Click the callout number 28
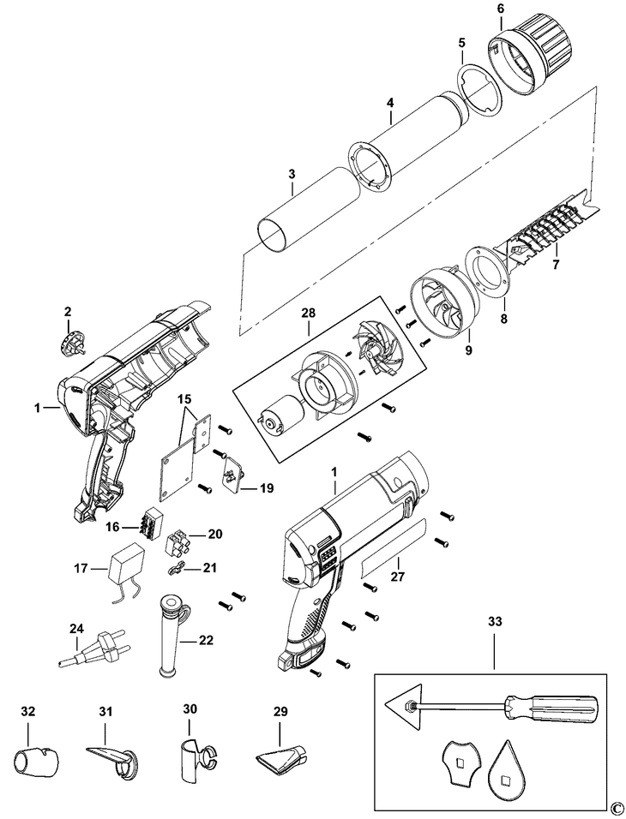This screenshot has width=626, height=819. [308, 314]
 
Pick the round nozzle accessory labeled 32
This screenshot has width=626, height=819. [35, 758]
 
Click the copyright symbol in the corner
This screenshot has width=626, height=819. [616, 808]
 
